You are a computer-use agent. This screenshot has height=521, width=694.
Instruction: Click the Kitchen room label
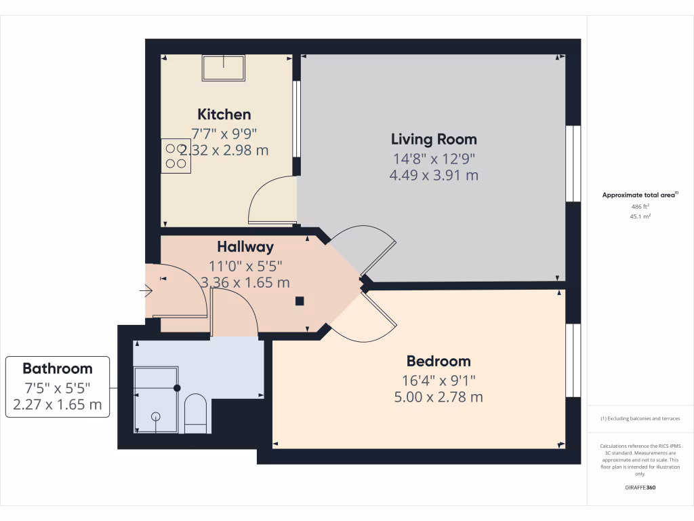click(x=224, y=114)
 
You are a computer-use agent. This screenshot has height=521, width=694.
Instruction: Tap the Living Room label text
click(x=434, y=139)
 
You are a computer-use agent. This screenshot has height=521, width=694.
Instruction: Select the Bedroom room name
click(x=438, y=361)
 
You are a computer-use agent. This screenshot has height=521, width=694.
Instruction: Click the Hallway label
click(x=245, y=247)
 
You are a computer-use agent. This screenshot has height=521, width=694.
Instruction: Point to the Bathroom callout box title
click(x=58, y=369)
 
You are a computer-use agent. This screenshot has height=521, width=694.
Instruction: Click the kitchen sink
click(x=223, y=68)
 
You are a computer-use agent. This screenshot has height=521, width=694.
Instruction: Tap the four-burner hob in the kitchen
click(x=176, y=155)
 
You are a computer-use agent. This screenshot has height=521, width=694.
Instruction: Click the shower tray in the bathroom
click(x=156, y=400)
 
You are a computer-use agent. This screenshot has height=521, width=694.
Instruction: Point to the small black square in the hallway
click(x=300, y=301)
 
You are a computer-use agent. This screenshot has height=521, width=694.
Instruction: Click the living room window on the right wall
click(x=573, y=163)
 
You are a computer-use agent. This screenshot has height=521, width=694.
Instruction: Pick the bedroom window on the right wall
click(x=573, y=360)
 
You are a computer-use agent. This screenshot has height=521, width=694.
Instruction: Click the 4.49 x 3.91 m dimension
click(x=434, y=175)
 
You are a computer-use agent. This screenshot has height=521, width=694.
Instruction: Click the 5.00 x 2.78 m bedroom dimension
click(x=438, y=397)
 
